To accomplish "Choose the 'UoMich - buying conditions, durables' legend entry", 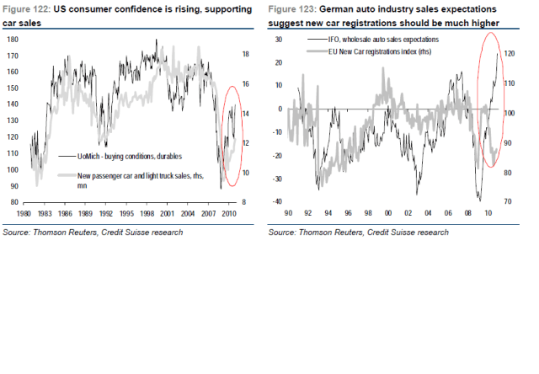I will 126,157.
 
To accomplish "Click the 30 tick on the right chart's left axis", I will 279,40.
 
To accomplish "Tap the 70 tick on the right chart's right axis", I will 509,202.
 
